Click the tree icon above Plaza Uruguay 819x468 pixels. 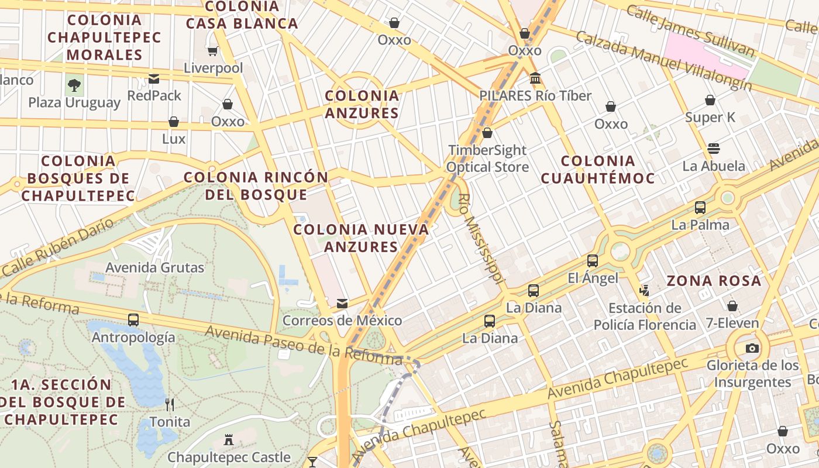pyautogui.click(x=74, y=85)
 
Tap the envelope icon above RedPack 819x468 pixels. pyautogui.click(x=154, y=78)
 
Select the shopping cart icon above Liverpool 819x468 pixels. pyautogui.click(x=213, y=51)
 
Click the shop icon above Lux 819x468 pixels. pyautogui.click(x=174, y=122)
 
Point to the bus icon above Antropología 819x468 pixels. pyautogui.click(x=133, y=320)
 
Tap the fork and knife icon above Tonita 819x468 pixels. pyautogui.click(x=170, y=404)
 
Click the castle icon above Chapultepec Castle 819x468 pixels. pyautogui.click(x=229, y=439)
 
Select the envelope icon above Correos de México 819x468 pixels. pyautogui.click(x=342, y=303)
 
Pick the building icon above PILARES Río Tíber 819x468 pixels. pyautogui.click(x=535, y=78)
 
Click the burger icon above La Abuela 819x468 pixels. pyautogui.click(x=714, y=148)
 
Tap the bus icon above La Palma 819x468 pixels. pyautogui.click(x=700, y=207)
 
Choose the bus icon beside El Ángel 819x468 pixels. pyautogui.click(x=593, y=261)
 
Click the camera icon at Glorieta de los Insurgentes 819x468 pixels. pyautogui.click(x=752, y=348)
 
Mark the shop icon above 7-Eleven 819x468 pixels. pyautogui.click(x=732, y=305)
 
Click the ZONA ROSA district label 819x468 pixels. pyautogui.click(x=714, y=281)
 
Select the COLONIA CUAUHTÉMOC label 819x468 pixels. pyautogui.click(x=597, y=169)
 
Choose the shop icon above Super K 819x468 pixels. pyautogui.click(x=710, y=100)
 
